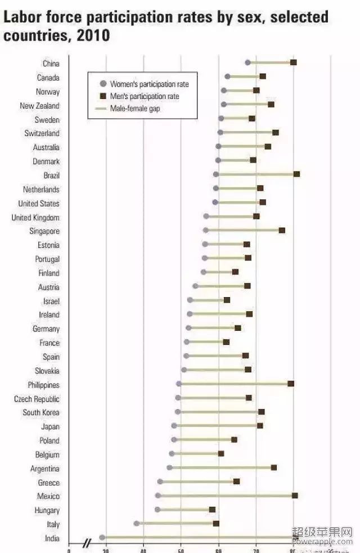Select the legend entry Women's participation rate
pos(149,84)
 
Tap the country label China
pos(51,64)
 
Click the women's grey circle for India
pos(102,538)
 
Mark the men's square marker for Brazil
pos(296,174)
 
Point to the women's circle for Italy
pos(136,523)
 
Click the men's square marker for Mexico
pos(295,496)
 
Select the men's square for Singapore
pos(282,230)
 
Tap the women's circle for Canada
pos(227,77)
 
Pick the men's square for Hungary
pos(212,510)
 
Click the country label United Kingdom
pos(35,217)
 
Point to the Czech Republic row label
pos(37,399)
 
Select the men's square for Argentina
pos(274,467)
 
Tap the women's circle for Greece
pos(160,482)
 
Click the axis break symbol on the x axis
pos(87,543)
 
